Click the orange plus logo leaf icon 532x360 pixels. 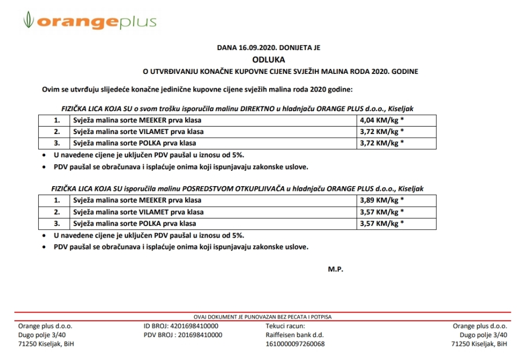[28, 22]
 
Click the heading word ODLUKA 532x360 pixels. [268, 59]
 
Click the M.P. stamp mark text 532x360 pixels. [336, 269]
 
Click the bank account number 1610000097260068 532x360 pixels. [295, 344]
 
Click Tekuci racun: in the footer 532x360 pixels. [286, 326]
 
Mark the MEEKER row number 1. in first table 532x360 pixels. [57, 121]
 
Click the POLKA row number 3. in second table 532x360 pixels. [57, 223]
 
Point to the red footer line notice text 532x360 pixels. [263, 317]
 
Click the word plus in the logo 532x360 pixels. [137, 22]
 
